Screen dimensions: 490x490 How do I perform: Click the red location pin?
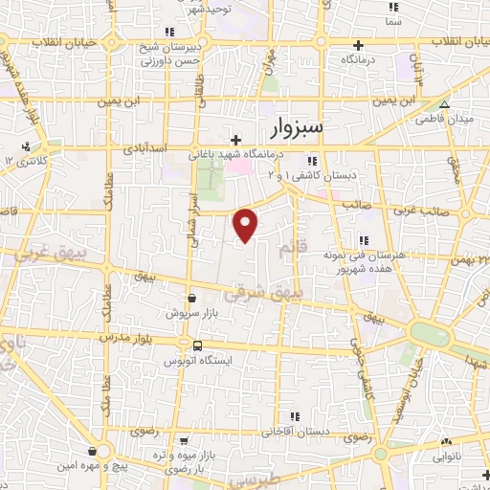point(247,224)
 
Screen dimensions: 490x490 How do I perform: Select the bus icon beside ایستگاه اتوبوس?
point(196,345)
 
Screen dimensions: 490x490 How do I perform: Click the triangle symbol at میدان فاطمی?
point(443,104)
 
